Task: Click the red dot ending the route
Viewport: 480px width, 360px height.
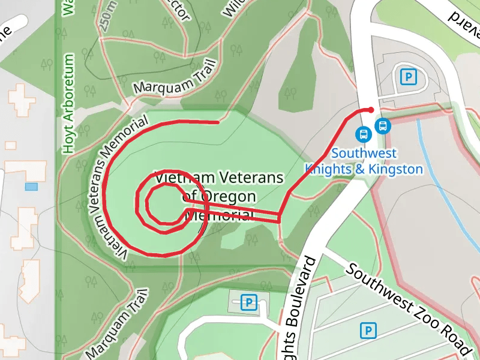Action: click(371, 110)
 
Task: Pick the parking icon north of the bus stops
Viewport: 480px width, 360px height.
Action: click(408, 77)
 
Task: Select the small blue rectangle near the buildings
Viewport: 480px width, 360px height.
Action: click(31, 187)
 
